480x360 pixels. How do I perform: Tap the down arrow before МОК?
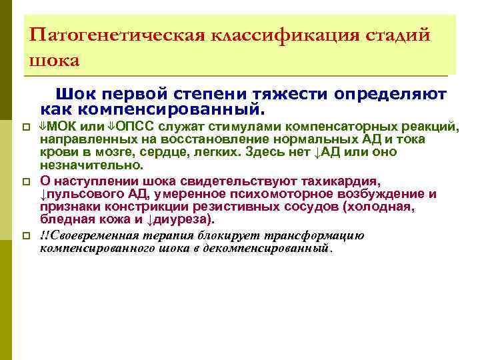point(44,127)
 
